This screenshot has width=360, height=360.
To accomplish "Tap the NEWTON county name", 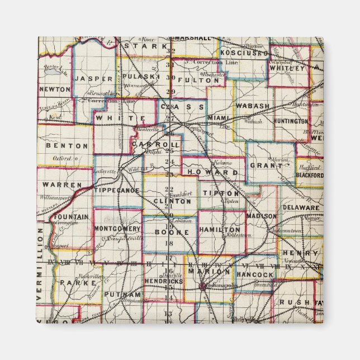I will coord(55,89).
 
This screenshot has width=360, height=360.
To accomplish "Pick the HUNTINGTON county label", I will coord(292,121).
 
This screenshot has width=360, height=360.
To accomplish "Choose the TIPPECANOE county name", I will coord(117,190).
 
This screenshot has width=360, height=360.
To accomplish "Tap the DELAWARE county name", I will coord(301,207).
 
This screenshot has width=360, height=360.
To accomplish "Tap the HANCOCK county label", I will coord(254,276).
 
